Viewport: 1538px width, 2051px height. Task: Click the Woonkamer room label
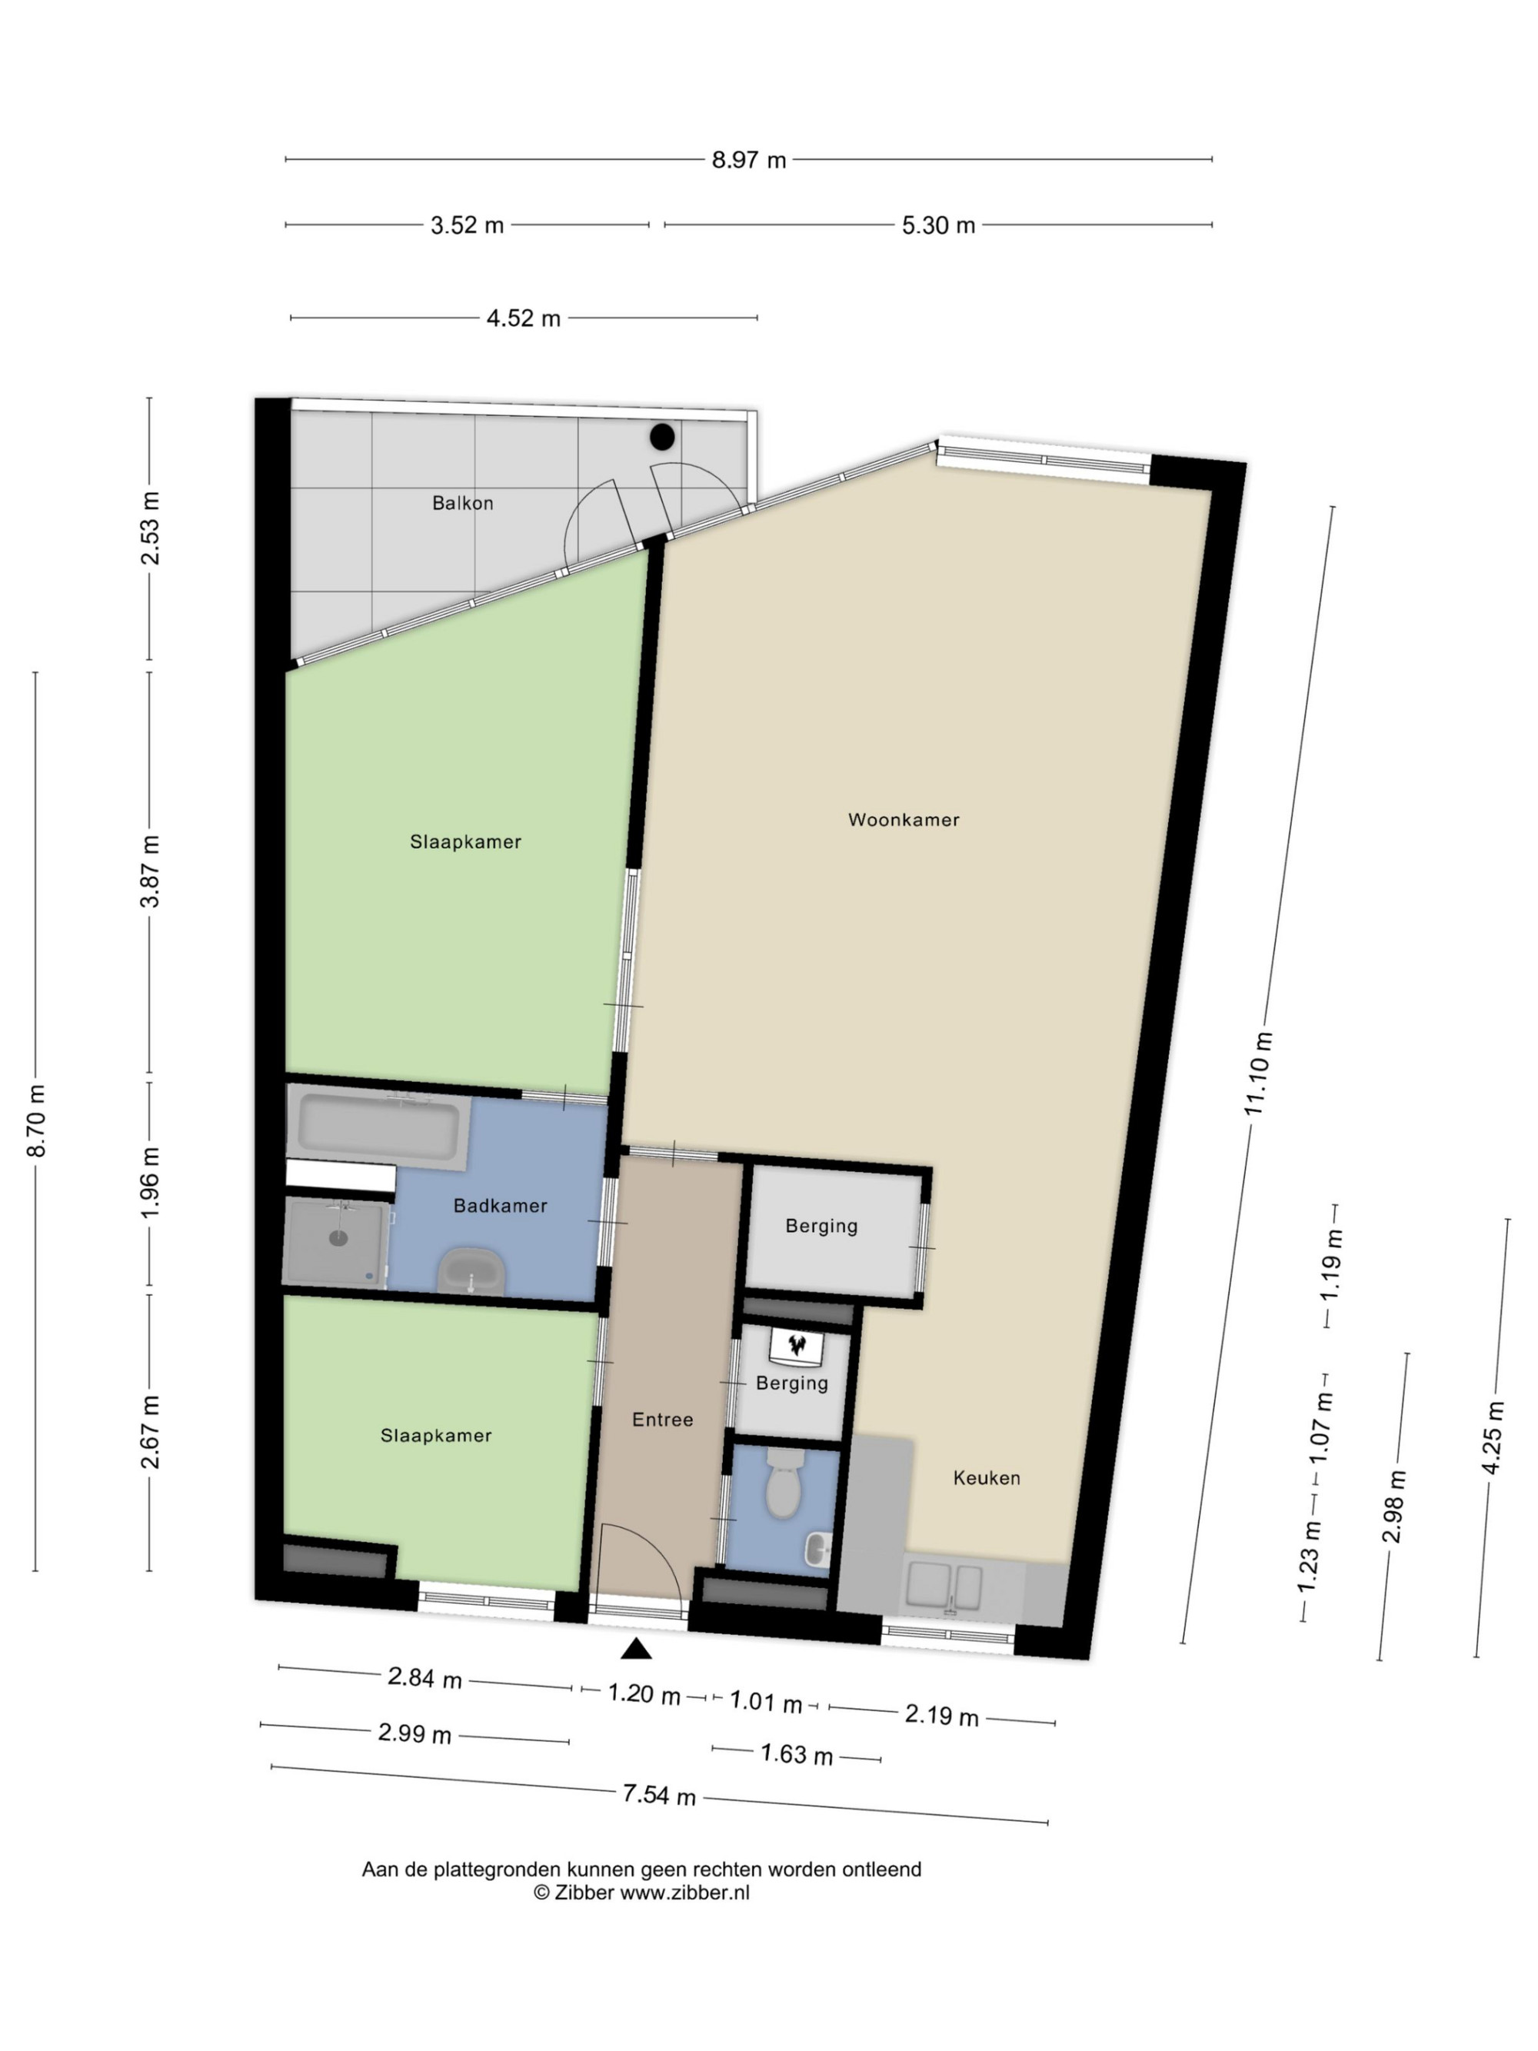pos(903,820)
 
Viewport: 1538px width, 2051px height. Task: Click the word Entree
pos(662,1419)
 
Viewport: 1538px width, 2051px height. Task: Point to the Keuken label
pos(987,1478)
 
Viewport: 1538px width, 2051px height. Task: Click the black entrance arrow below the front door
pos(636,1648)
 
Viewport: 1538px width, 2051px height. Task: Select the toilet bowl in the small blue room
pos(784,1483)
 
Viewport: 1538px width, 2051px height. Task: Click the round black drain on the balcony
pos(662,437)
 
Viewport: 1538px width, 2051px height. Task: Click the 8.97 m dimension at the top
pos(749,159)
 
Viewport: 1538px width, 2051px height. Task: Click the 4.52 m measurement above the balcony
pos(524,318)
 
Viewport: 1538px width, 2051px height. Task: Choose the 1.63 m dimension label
pos(797,1754)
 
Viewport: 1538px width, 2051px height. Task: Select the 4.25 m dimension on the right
pos(1492,1437)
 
